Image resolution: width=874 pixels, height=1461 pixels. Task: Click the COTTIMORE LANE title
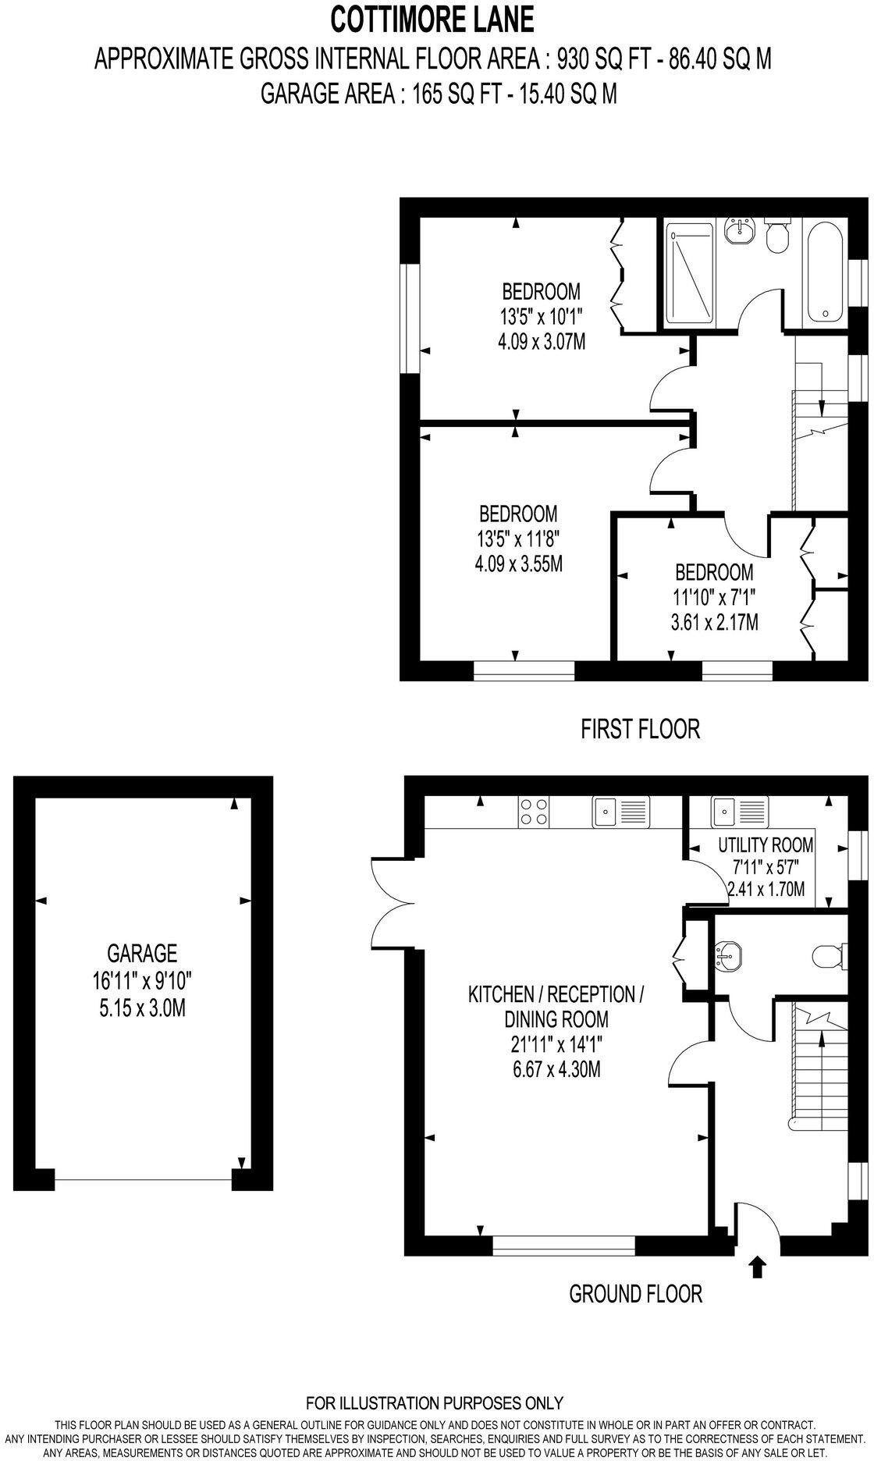point(433,19)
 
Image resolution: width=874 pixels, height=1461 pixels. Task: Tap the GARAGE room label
point(142,953)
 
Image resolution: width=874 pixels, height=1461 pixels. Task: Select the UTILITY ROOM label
point(765,844)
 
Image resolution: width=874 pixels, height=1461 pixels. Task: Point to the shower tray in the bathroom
point(688,274)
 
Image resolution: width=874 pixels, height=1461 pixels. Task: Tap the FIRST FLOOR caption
point(640,729)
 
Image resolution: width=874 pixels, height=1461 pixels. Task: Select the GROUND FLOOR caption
point(635,1294)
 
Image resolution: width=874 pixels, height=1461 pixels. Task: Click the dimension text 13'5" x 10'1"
point(542,317)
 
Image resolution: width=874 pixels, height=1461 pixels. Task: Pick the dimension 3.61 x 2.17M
point(714,623)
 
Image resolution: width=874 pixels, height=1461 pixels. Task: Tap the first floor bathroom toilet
point(776,236)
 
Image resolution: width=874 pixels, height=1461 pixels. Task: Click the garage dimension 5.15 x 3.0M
point(142,1008)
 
